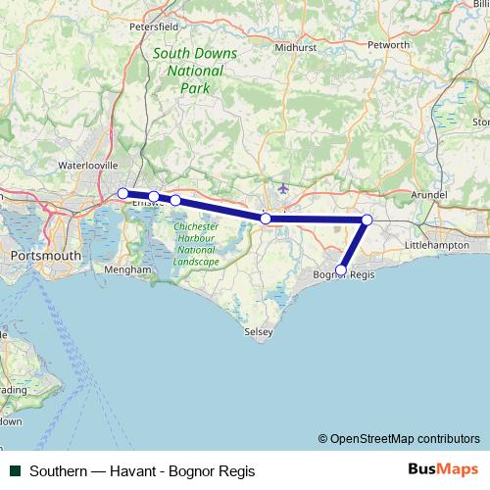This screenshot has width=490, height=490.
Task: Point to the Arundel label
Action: [x=428, y=196]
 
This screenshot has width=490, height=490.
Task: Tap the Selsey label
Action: [x=258, y=333]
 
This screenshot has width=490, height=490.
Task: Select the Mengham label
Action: [x=132, y=269]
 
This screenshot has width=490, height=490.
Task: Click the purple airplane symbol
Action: [x=284, y=187]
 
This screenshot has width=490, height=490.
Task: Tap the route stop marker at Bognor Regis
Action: [x=341, y=270]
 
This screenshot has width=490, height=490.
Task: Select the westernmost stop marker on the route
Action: [x=122, y=193]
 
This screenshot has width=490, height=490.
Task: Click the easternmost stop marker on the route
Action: [x=367, y=220]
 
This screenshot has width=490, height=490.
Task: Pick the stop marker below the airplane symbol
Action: [x=266, y=219]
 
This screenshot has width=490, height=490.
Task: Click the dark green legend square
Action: [x=15, y=471]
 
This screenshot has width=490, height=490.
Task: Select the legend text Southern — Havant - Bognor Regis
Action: [x=143, y=471]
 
